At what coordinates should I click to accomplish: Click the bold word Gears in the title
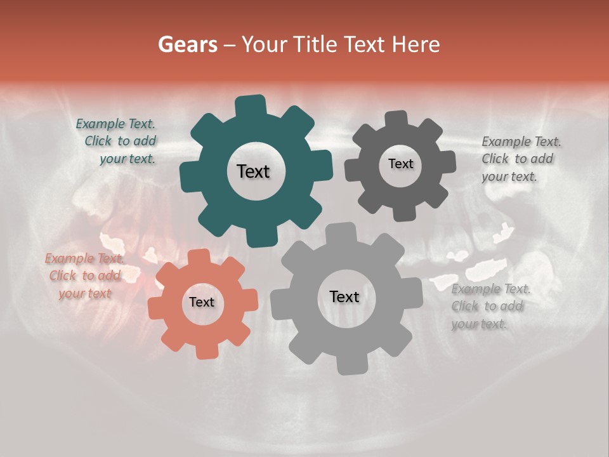click(x=187, y=44)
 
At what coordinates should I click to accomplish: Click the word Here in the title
click(x=416, y=44)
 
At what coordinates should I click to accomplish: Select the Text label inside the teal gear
click(x=253, y=171)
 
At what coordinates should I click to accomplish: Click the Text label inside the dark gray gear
click(x=400, y=164)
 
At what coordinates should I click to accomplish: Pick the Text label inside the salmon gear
click(x=202, y=302)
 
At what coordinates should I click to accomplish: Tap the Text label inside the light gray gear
click(x=344, y=296)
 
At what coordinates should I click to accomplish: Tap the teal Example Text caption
click(x=117, y=141)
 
